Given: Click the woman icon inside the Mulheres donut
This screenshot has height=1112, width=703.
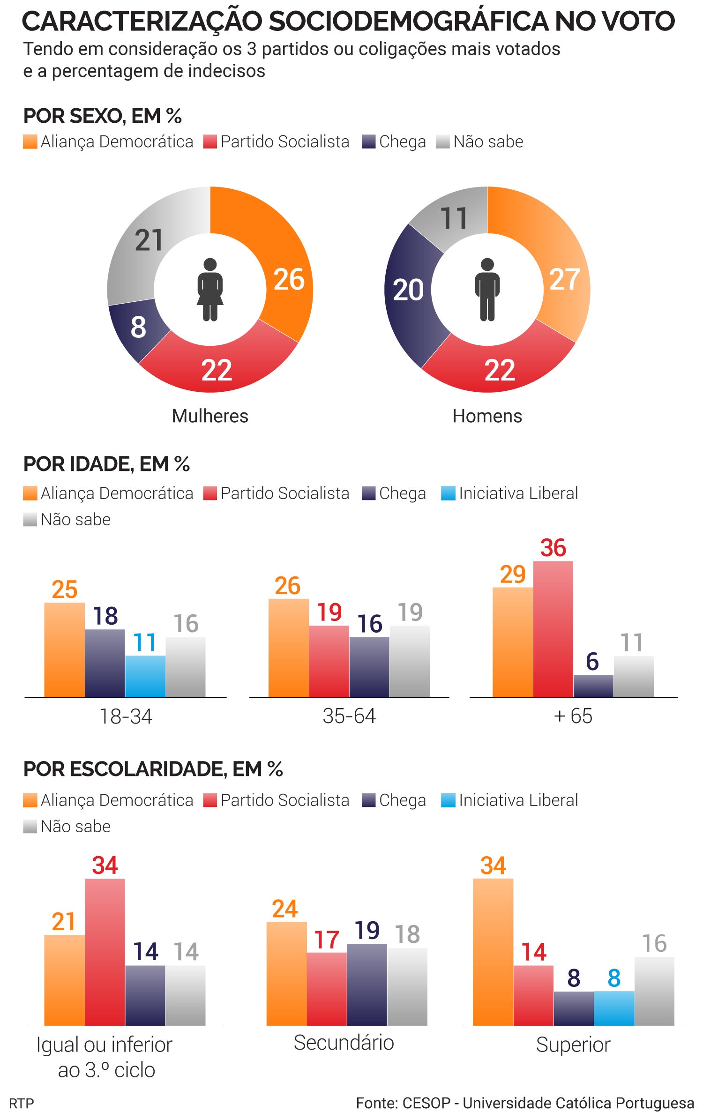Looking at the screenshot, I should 210,290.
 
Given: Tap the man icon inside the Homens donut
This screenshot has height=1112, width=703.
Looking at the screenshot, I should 487,290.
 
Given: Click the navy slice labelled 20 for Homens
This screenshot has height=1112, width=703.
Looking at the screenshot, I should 408,291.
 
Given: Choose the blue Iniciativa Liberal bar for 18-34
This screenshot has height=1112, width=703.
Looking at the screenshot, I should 145,676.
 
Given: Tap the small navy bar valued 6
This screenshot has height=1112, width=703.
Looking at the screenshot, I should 593,686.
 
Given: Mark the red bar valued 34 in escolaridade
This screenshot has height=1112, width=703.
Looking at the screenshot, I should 105,952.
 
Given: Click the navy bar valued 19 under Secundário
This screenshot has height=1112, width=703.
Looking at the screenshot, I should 367,985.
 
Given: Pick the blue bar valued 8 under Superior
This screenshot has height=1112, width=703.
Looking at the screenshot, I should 614,1008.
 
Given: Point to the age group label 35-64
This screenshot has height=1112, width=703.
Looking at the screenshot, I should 349,716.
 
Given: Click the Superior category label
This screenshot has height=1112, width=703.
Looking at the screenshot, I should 573,1045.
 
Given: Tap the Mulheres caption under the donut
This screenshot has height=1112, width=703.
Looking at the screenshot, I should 210,416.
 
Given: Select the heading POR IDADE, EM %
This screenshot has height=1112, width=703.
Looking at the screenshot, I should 106,464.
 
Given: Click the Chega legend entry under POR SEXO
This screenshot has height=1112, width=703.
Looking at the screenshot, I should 395,142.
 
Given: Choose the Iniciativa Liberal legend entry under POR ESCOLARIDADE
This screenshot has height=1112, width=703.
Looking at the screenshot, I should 510,800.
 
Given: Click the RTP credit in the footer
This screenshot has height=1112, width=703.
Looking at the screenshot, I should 22,1103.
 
